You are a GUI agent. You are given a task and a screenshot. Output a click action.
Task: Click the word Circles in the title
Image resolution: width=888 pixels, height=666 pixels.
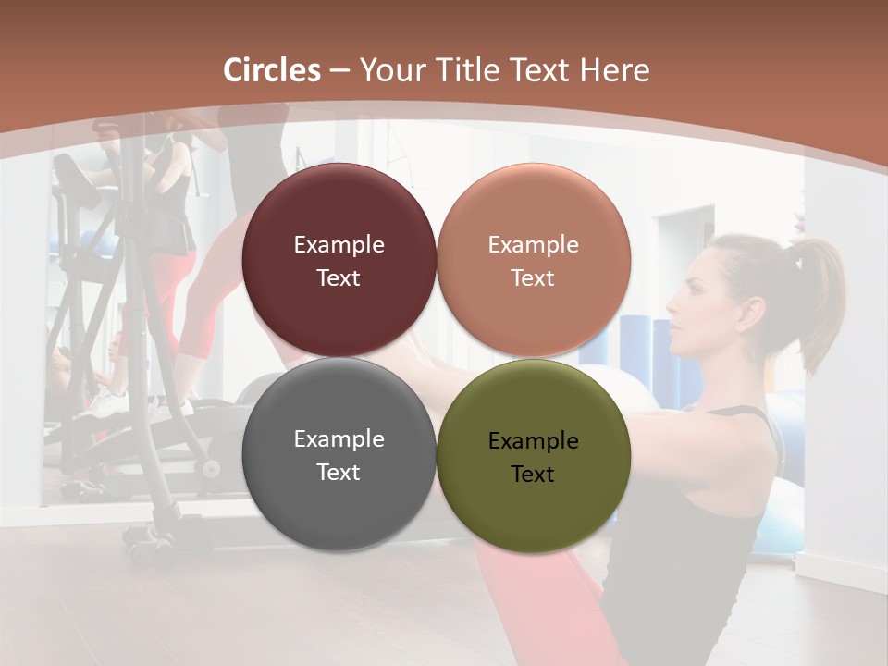click(272, 70)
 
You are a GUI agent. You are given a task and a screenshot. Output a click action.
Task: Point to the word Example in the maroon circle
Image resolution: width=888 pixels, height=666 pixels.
click(339, 245)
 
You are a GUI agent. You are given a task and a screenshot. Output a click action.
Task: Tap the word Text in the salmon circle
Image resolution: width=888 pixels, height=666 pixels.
click(533, 278)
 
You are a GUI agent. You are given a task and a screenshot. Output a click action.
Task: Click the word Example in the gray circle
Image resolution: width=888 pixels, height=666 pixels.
click(339, 439)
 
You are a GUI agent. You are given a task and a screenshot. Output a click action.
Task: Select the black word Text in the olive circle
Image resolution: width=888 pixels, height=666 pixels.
click(533, 475)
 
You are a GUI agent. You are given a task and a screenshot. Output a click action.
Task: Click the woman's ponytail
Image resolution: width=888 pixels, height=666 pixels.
click(820, 296)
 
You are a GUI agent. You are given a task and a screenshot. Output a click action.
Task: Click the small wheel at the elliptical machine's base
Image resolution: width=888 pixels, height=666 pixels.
click(212, 468)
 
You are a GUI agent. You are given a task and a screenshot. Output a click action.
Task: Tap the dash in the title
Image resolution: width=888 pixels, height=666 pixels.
click(339, 70)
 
